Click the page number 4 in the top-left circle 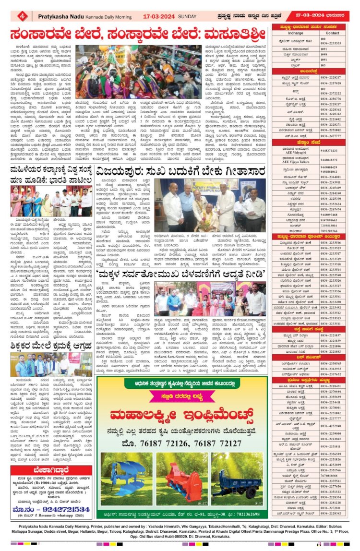(22, 16)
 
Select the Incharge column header (296, 33)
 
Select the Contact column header (332, 33)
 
